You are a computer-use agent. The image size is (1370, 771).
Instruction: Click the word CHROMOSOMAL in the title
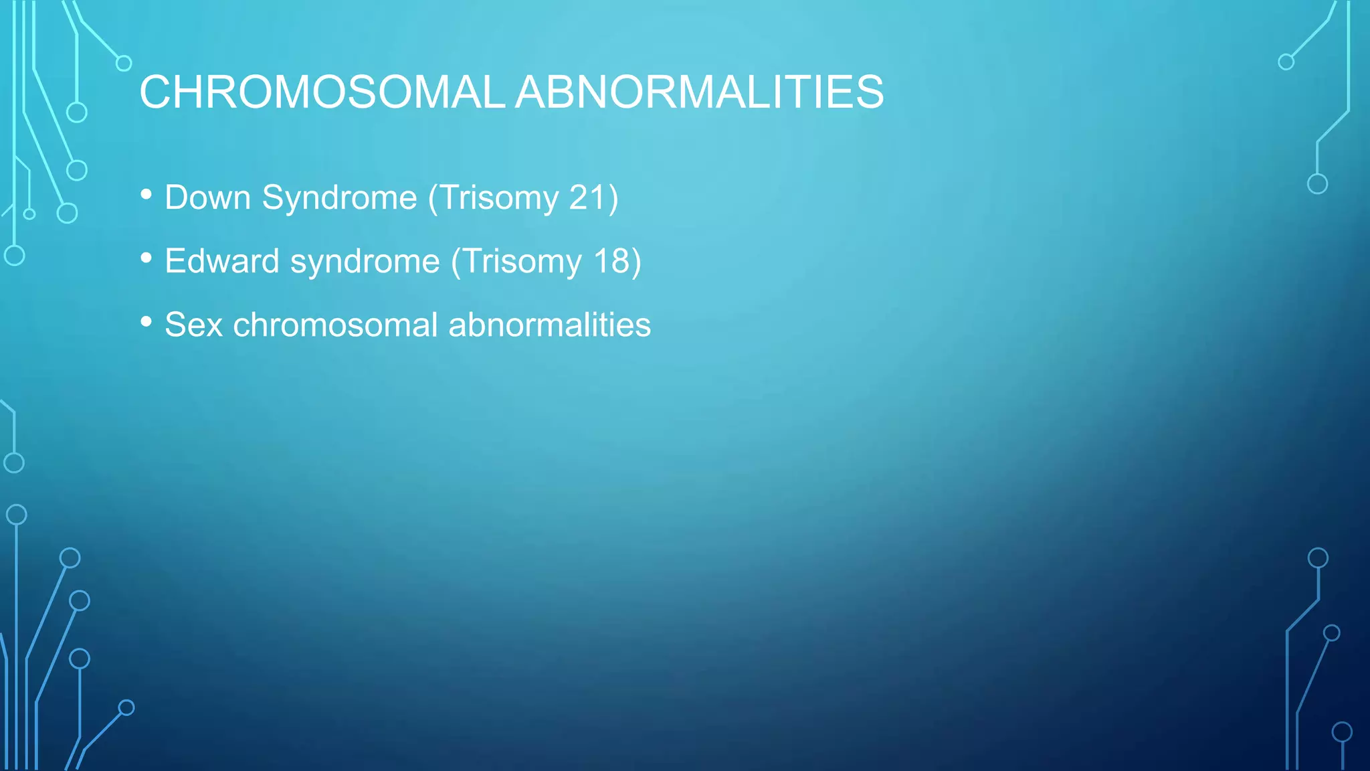(321, 92)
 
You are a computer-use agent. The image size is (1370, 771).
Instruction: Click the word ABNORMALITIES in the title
(699, 92)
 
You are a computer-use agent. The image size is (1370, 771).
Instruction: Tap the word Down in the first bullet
(207, 198)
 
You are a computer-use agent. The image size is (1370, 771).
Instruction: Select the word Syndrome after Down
(340, 198)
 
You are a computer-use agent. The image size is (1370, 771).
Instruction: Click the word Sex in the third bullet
(193, 325)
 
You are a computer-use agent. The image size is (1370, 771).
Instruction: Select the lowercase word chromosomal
(335, 325)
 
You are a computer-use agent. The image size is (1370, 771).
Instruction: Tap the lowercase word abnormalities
(549, 325)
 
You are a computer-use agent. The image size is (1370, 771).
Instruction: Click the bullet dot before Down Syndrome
(146, 195)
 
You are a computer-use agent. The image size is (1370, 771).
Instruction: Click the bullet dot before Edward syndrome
(146, 258)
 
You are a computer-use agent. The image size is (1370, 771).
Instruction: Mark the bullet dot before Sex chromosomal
(146, 322)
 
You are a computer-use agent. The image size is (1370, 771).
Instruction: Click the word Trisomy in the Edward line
(522, 262)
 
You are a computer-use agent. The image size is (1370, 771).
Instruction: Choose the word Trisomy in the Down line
(499, 198)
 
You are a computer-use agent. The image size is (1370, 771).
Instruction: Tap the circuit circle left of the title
(124, 64)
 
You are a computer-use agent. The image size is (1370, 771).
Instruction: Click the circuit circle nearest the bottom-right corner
(1342, 732)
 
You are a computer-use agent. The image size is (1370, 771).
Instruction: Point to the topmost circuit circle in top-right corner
(1286, 62)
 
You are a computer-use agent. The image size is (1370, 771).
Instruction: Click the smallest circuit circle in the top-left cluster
(29, 214)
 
